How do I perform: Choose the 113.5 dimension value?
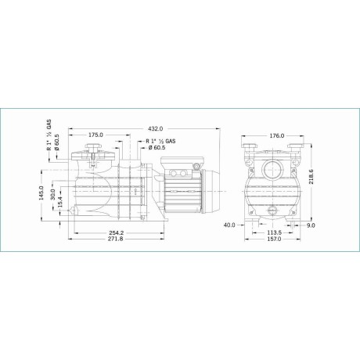(x=275, y=233)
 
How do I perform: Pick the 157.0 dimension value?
(x=275, y=242)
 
